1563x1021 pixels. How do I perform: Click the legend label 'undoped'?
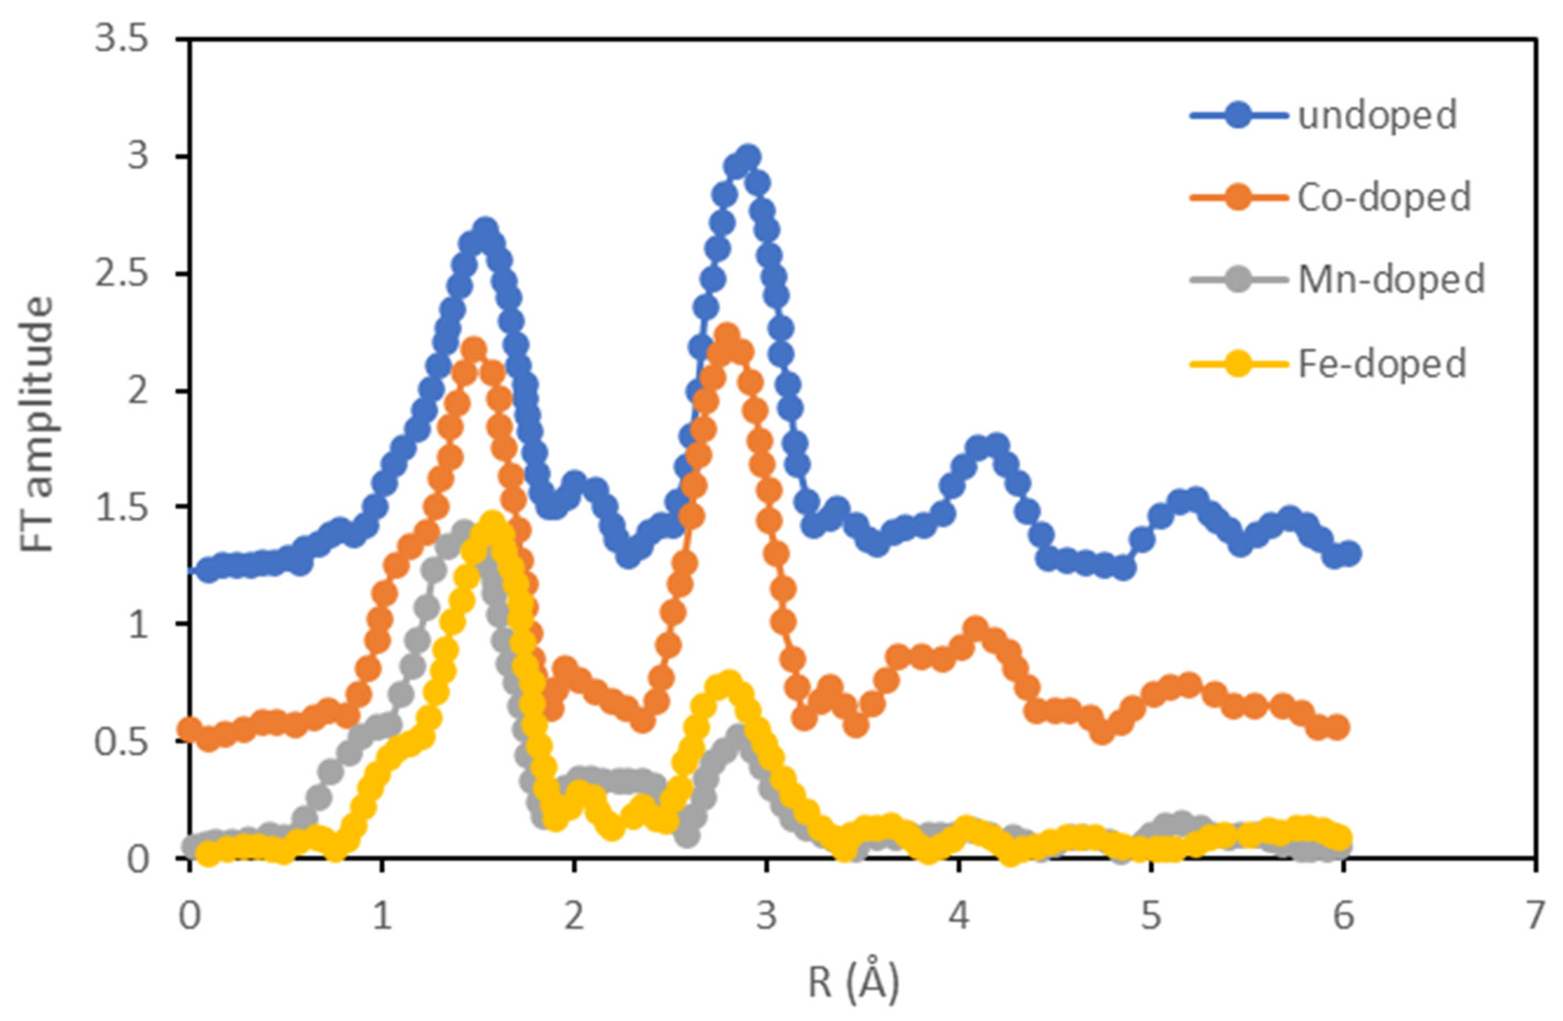pyautogui.click(x=1377, y=115)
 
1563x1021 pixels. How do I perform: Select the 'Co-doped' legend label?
pyautogui.click(x=1384, y=198)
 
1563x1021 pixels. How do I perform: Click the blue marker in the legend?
pyautogui.click(x=1238, y=115)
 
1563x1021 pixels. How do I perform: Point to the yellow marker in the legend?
pyautogui.click(x=1238, y=362)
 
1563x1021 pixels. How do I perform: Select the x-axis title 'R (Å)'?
pyautogui.click(x=852, y=984)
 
